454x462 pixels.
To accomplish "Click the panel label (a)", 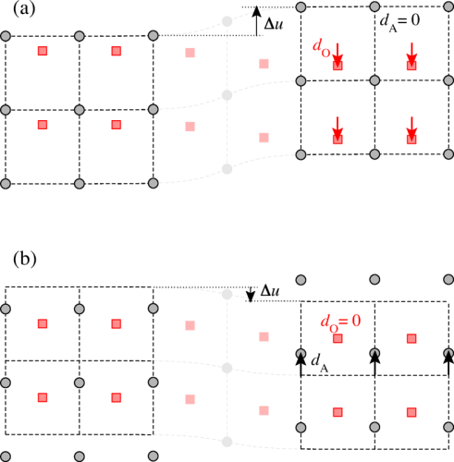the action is click(24, 9).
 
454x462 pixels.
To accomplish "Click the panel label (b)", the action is click(25, 259).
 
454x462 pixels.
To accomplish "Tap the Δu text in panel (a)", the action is click(274, 23).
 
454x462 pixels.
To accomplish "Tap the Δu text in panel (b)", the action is click(270, 290).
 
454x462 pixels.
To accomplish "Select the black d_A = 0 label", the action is click(399, 21).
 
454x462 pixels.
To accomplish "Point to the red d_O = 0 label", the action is click(340, 322).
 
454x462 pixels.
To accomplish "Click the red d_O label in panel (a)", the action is click(322, 48).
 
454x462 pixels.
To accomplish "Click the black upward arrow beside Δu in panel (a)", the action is click(256, 21).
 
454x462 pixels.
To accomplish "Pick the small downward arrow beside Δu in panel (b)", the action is click(251, 294).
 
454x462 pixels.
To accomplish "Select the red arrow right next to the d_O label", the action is click(337, 55).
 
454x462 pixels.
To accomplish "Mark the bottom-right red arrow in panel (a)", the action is click(411, 128).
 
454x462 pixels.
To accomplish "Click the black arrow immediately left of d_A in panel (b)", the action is click(301, 364).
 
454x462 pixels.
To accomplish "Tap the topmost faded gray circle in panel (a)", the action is click(227, 21).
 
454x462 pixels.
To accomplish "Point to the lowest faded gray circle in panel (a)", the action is click(227, 169).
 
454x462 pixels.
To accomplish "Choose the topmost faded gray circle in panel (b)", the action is click(227, 294).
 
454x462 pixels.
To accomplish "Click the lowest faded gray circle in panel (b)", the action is click(227, 442).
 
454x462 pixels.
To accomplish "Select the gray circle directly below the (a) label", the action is click(6, 36).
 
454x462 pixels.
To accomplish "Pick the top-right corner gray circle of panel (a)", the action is click(448, 6).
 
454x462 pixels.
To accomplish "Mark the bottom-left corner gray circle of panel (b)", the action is click(6, 456).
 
